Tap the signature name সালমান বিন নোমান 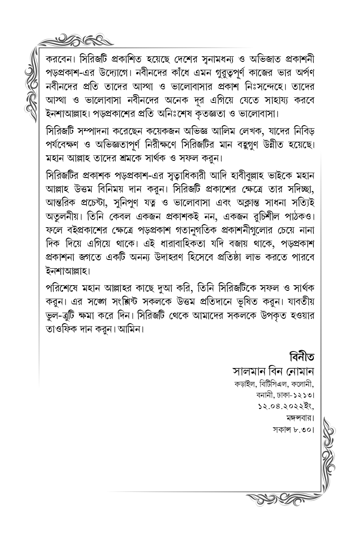coord(274,372)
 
